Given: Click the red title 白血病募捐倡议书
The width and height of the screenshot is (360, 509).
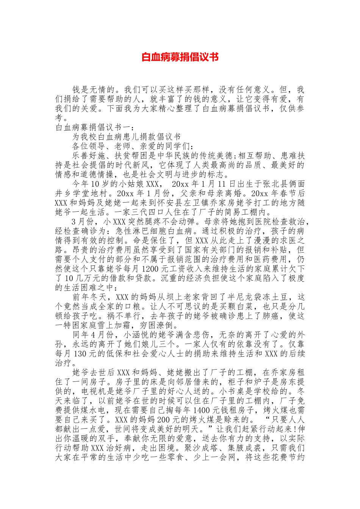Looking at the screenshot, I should coord(180,57).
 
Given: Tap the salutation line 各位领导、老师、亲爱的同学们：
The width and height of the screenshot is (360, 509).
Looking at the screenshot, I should coord(133,146).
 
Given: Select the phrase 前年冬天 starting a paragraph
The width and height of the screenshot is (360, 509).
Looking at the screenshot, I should coord(89,297).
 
